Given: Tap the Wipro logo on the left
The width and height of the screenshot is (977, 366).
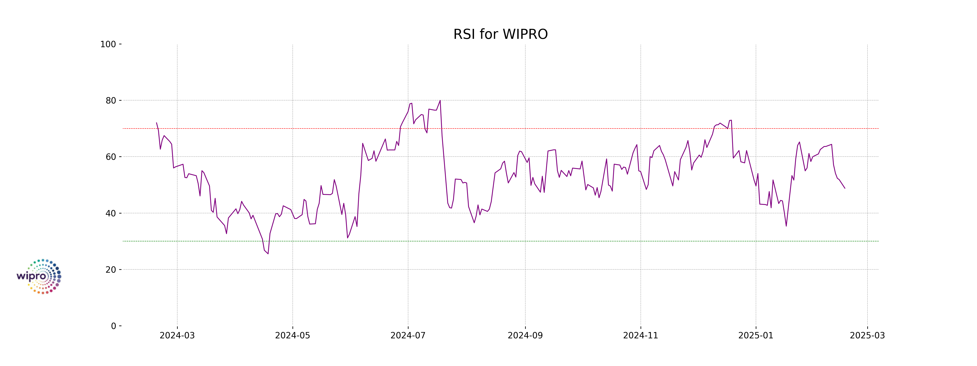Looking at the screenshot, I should click(x=39, y=277).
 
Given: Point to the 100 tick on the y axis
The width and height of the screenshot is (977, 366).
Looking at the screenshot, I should click(x=108, y=44).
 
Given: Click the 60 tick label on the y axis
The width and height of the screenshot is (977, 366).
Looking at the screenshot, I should click(x=111, y=157).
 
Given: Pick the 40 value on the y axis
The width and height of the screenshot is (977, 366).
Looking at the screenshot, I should click(x=111, y=213).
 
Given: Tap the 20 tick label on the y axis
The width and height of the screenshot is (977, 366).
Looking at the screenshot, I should click(x=111, y=270).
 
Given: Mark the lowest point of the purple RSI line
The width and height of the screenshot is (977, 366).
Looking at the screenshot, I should click(x=268, y=254).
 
